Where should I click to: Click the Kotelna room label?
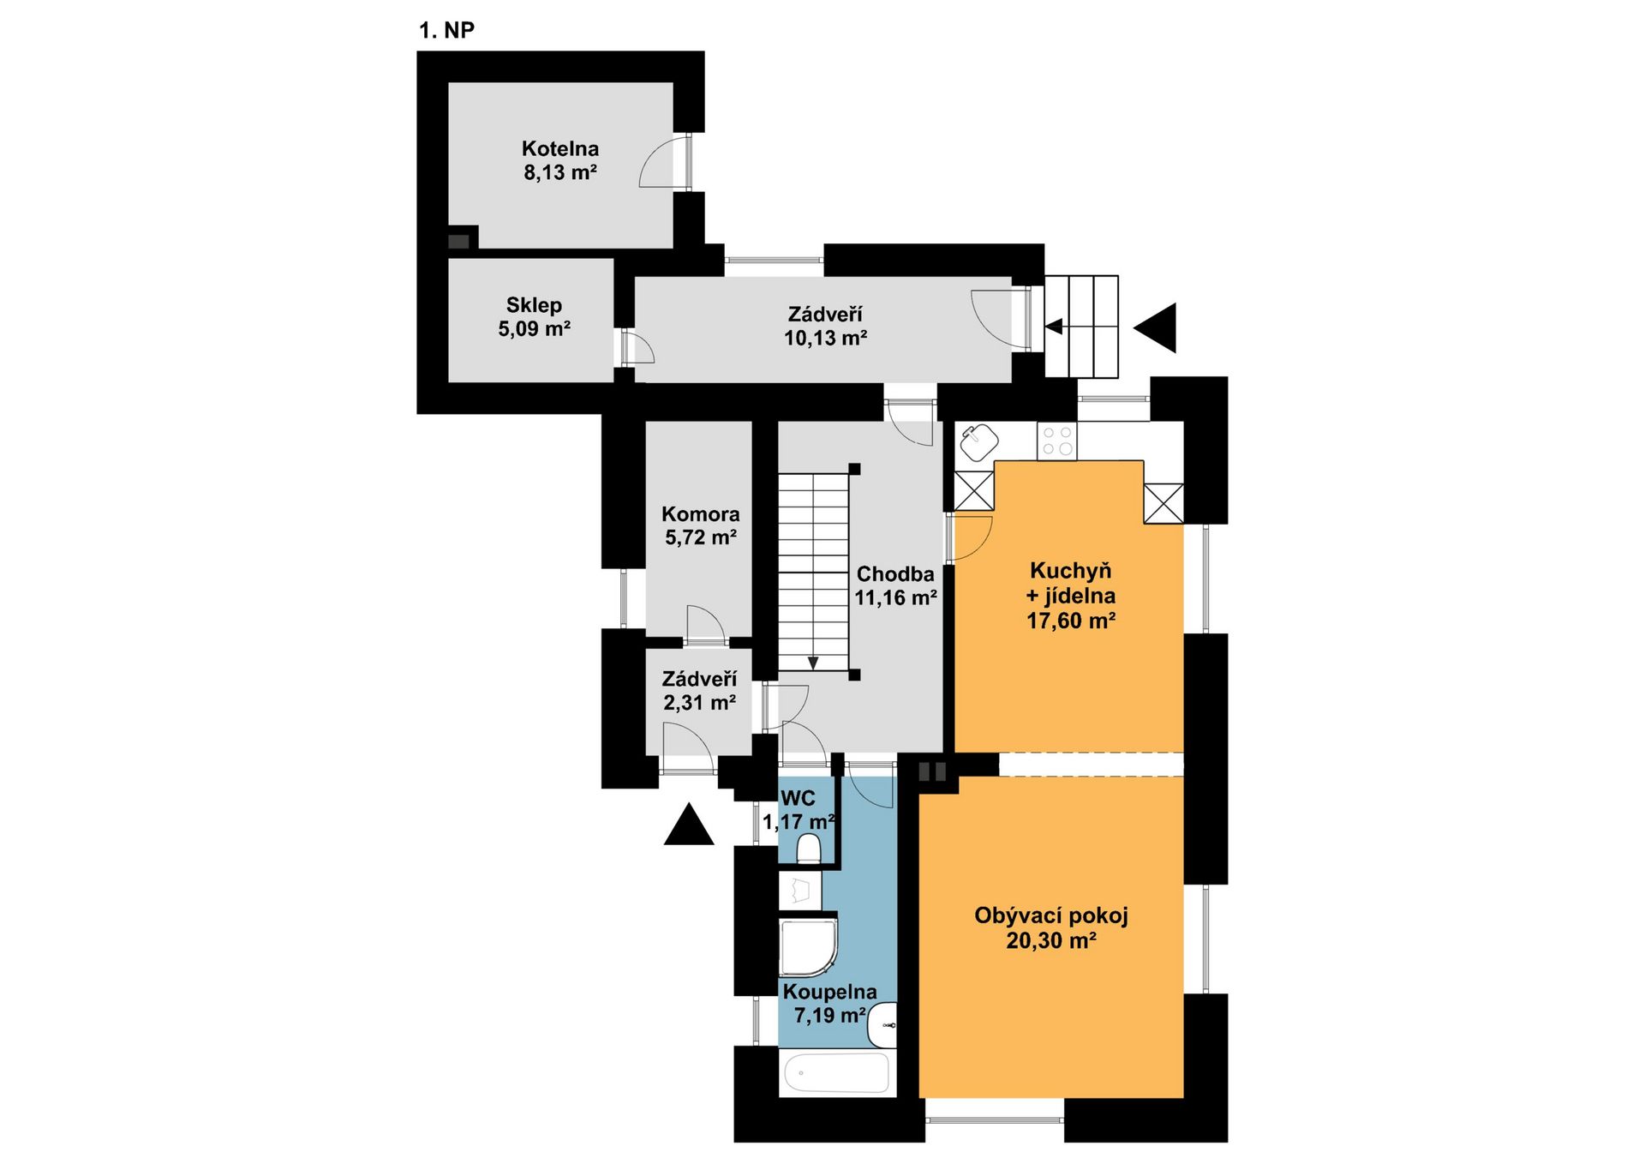point(560,160)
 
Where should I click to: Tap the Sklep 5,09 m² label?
point(534,316)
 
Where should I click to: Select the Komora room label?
point(700,525)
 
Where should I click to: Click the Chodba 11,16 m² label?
point(895,585)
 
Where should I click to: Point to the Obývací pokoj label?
point(1051,927)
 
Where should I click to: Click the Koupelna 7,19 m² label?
point(829,1003)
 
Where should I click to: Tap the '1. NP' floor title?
point(446,30)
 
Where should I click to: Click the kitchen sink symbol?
point(978,442)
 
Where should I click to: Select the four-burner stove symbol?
point(1056,441)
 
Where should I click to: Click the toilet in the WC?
point(809,849)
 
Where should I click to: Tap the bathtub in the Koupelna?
point(836,1072)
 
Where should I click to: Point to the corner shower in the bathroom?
point(807,948)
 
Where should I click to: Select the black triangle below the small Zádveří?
point(689,824)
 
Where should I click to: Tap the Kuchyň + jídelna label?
point(1071,595)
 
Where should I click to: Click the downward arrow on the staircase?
point(812,663)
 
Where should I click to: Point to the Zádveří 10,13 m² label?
point(825,326)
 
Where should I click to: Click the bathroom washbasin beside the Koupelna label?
point(882,1025)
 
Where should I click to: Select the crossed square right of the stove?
point(1163,503)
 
